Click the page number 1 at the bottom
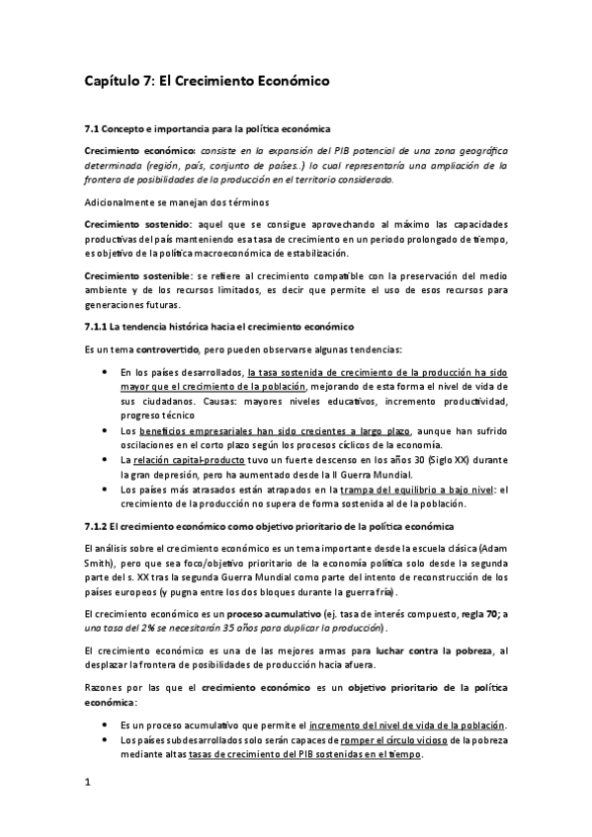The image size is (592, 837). (88, 784)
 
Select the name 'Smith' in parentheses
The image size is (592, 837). (101, 564)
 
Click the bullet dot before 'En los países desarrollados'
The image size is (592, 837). (106, 372)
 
